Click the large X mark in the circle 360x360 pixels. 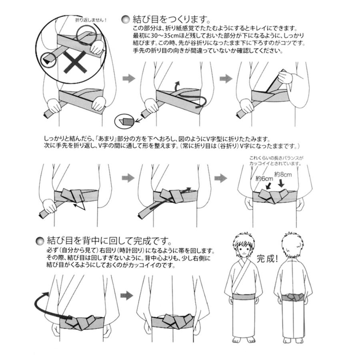tap(75, 62)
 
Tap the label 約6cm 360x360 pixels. tap(264, 178)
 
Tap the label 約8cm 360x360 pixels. tap(283, 174)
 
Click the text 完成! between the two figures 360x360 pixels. tap(267, 259)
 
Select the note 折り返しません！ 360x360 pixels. tap(91, 20)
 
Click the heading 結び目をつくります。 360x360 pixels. tap(171, 19)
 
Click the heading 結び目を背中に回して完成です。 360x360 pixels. tap(110, 241)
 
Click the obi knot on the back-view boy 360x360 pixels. tap(293, 298)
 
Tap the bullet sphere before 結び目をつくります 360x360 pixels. tap(125, 20)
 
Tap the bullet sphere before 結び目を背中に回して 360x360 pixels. tap(40, 241)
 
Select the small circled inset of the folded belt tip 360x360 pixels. tap(124, 121)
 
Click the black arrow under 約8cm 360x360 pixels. tap(281, 184)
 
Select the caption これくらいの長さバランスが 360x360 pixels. tap(276, 158)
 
